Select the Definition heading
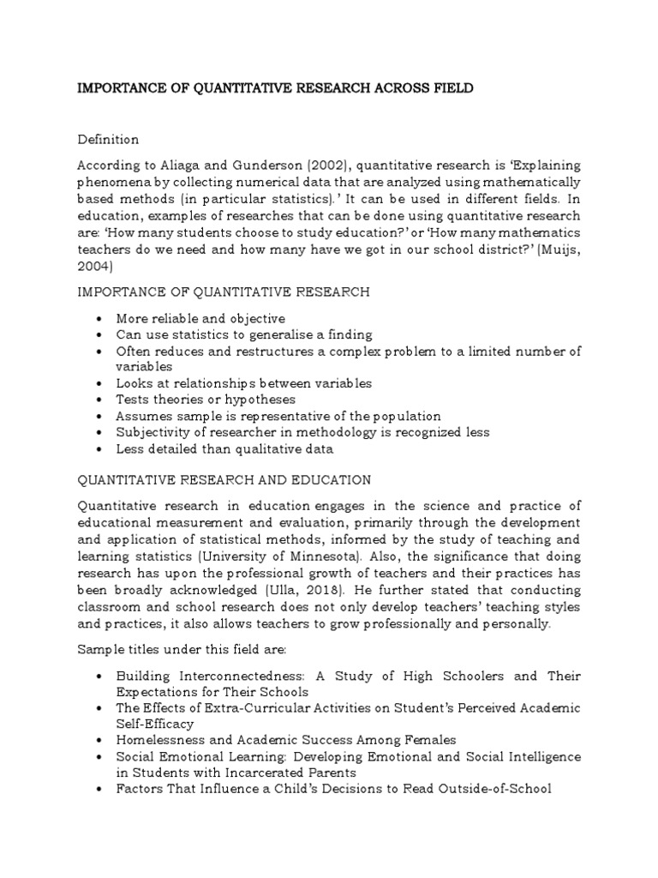tap(108, 139)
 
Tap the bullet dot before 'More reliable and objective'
tap(100, 318)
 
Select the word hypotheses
tap(257, 400)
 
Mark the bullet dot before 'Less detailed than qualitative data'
tap(100, 448)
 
